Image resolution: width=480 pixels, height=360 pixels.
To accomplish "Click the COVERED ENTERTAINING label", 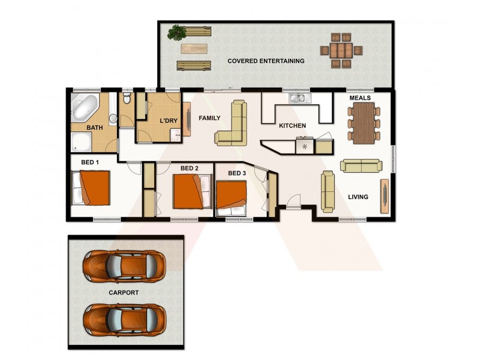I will [x=266, y=61].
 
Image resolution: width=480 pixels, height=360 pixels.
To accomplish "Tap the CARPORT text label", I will [x=124, y=293].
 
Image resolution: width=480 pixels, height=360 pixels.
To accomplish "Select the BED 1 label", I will [x=89, y=162].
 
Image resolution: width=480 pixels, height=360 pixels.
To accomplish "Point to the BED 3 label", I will [x=237, y=173].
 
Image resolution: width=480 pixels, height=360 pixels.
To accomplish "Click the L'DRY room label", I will [x=169, y=121].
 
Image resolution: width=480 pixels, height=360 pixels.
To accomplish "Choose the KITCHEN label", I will [x=293, y=125].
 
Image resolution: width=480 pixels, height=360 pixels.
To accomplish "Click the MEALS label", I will [x=360, y=98].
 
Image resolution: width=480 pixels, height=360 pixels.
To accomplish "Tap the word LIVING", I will [x=358, y=197].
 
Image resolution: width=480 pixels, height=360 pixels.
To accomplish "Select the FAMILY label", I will [x=210, y=118].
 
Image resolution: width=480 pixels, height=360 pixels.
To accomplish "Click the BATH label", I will [x=95, y=128].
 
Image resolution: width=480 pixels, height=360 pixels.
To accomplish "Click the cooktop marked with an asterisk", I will [x=305, y=146].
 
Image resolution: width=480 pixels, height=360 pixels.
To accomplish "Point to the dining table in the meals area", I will [x=364, y=123].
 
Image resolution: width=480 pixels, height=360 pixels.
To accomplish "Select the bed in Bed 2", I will [x=192, y=191].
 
